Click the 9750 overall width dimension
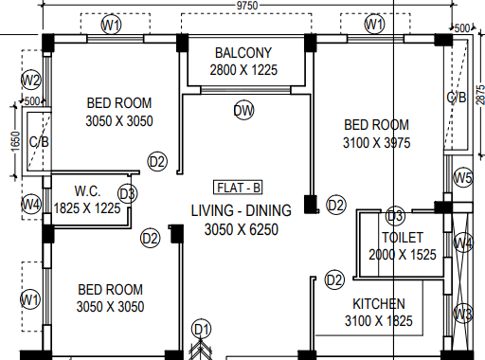247,6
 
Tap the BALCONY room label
243,53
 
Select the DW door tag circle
243,110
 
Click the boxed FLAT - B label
238,188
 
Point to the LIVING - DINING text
242,210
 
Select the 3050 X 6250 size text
242,229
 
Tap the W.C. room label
88,191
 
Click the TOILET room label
403,238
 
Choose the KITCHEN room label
379,304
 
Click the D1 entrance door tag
202,330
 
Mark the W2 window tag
31,80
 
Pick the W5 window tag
463,178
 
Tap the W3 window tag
463,314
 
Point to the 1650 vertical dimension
15,141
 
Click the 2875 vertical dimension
480,95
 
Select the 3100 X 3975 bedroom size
376,143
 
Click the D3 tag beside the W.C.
128,193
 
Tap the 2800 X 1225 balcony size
243,70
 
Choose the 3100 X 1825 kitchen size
379,321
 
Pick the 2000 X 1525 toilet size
403,255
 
